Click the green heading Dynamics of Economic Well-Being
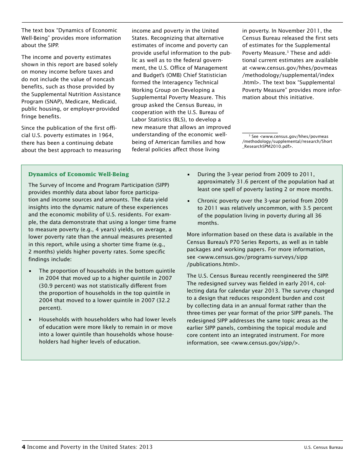[79, 174]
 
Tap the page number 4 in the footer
[23, 447]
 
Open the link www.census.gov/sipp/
[264, 343]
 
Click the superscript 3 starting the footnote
[249, 136]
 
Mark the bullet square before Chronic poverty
[189, 201]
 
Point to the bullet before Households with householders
[30, 319]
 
